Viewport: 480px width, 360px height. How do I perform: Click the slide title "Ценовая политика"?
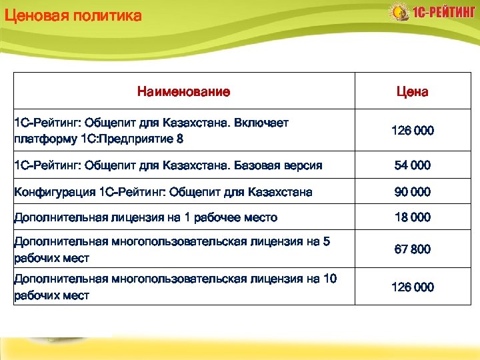click(x=73, y=15)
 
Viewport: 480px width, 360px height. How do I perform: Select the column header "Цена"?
click(x=412, y=91)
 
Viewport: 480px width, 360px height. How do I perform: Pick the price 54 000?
click(x=412, y=165)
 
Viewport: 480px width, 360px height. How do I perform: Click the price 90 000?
click(x=412, y=191)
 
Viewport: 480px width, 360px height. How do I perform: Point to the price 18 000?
click(x=412, y=217)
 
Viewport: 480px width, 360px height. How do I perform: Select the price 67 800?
click(x=412, y=249)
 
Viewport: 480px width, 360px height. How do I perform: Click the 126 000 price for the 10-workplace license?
click(x=412, y=287)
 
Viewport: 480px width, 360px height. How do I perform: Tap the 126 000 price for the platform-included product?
click(x=412, y=131)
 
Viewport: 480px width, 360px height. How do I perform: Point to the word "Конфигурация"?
click(x=55, y=192)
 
